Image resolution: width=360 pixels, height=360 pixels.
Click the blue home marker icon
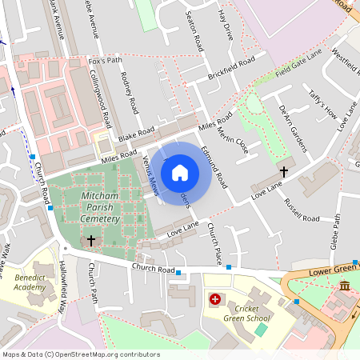180,172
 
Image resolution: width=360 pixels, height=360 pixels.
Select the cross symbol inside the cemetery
90,240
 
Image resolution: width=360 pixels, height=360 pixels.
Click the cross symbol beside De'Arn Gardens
283,171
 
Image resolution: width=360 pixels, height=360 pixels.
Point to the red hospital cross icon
214,299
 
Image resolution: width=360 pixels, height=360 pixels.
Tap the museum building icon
344,286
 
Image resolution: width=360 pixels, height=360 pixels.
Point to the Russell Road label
296,207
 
